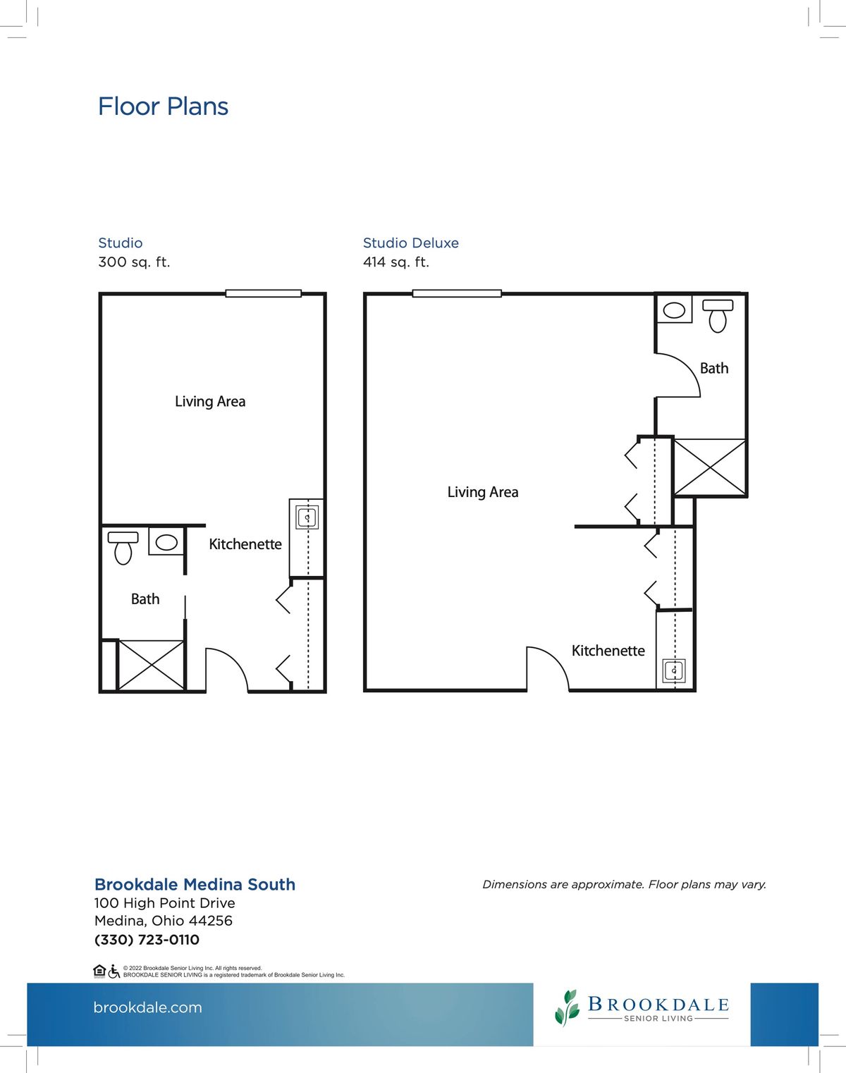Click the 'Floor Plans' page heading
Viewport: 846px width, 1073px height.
pos(163,106)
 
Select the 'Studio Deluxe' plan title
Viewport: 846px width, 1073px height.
pos(411,243)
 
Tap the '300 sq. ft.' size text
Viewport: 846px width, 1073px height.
pos(134,262)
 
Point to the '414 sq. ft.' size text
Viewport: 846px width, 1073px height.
pos(396,262)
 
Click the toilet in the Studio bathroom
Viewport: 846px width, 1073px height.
pos(123,548)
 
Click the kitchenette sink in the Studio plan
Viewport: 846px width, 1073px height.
pos(307,517)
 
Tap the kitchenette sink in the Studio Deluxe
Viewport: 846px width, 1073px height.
pos(674,670)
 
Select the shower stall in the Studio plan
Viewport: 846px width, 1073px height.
pos(152,665)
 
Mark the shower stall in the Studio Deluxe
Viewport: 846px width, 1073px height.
pos(710,467)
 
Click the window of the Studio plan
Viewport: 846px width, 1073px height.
pos(263,294)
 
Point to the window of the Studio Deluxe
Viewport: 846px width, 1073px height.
pos(457,294)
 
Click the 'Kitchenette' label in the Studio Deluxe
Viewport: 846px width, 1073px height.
pos(608,651)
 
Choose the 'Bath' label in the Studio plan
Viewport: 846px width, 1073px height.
pos(145,599)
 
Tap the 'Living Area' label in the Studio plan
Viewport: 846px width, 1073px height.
pos(210,401)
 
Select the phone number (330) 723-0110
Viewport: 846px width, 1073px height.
pos(147,940)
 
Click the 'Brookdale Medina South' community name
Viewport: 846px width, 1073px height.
pos(195,885)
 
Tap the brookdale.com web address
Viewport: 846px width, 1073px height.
pos(147,1007)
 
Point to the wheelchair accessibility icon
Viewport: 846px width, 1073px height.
pos(114,971)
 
